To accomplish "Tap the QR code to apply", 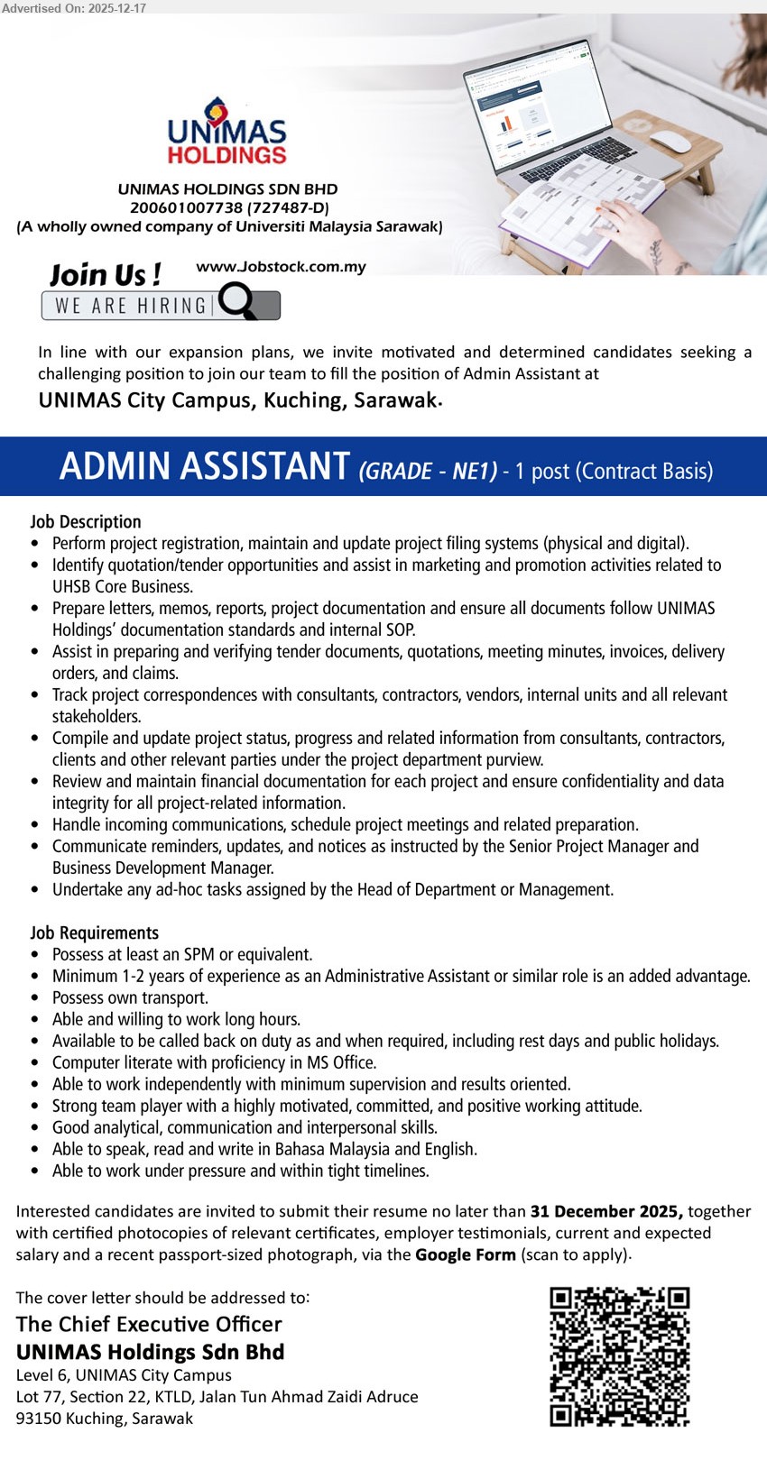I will [619, 1357].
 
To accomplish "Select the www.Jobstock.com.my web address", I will [281, 267].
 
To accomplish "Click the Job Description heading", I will [86, 521].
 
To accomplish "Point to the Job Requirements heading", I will [94, 933].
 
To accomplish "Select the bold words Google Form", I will [465, 1254].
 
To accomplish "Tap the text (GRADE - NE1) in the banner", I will [428, 472].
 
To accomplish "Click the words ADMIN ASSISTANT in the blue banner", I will [204, 467].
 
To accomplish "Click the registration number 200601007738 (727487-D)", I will [229, 207].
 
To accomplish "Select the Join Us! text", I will [105, 274].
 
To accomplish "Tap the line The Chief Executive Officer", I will [149, 1324].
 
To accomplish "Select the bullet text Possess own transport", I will [130, 997].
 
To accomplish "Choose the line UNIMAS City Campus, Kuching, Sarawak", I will [238, 400].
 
